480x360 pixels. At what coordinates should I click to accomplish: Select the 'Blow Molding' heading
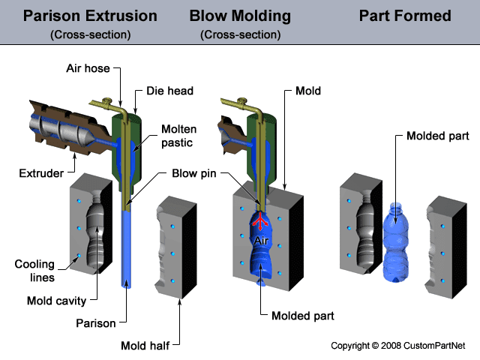(240, 16)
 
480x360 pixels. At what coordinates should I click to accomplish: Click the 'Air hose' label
(87, 68)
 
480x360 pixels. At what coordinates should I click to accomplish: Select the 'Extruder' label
(40, 174)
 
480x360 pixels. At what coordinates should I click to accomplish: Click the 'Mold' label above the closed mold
(308, 91)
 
